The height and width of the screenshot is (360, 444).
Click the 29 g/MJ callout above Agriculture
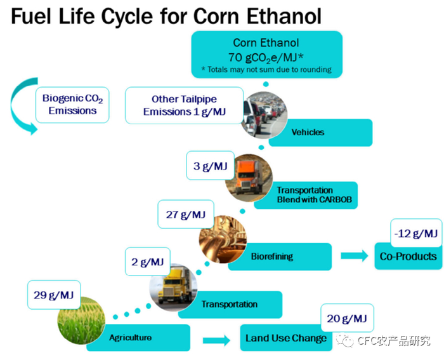[53, 296]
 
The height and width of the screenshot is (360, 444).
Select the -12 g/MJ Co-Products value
[415, 234]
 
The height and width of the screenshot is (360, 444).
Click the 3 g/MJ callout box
[210, 166]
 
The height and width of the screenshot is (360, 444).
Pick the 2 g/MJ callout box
[148, 262]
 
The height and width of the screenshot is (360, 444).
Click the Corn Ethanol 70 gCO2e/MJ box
[266, 55]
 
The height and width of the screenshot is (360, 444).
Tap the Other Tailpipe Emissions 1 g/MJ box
[184, 105]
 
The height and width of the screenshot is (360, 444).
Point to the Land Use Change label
[285, 338]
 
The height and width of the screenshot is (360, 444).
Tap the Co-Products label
[408, 257]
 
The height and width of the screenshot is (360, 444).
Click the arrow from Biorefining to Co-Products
[355, 257]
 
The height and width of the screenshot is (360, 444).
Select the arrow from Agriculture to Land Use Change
[216, 340]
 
